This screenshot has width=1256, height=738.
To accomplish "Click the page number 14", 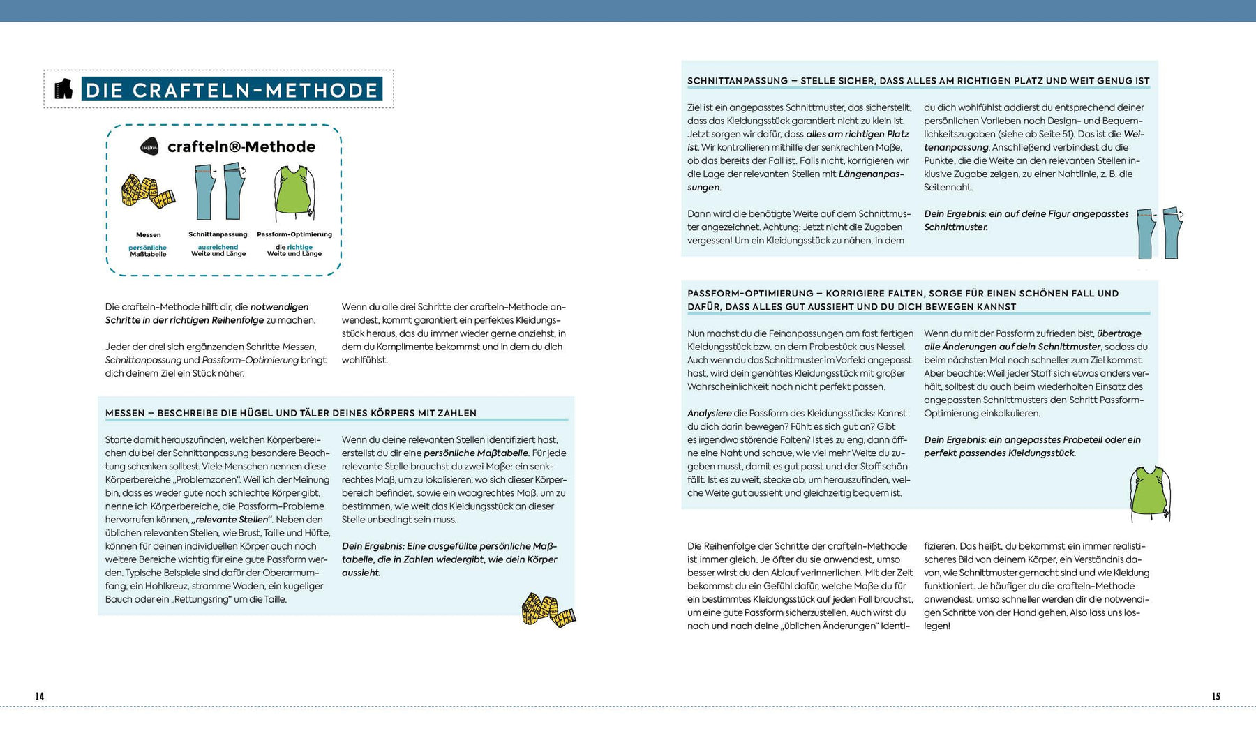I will tap(40, 696).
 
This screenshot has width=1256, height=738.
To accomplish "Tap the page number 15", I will tap(1216, 696).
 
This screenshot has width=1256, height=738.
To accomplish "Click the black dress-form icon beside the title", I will tap(63, 89).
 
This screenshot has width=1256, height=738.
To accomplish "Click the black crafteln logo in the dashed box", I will tap(149, 146).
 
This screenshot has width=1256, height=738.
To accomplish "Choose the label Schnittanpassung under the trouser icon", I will tap(218, 234).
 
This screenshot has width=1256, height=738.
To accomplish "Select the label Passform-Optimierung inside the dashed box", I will tap(294, 234).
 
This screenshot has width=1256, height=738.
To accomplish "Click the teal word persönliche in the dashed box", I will tap(148, 248).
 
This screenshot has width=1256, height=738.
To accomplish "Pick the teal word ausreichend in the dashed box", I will tap(218, 247).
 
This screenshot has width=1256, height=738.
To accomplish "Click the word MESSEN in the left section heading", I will tap(125, 413).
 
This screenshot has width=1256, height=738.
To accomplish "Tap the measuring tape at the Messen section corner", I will tap(548, 610).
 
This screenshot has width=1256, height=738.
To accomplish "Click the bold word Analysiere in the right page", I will tap(709, 413).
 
